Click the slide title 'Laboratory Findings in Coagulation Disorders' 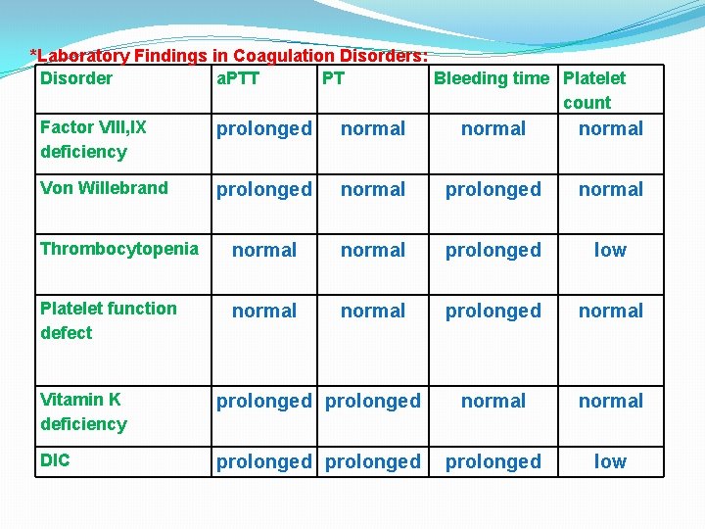(x=231, y=56)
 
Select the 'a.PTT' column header (x=237, y=78)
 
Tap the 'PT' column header (x=333, y=78)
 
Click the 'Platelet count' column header (x=593, y=90)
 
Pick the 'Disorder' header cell (x=76, y=78)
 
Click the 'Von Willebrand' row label (x=104, y=188)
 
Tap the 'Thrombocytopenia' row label (x=118, y=249)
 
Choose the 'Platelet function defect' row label (x=108, y=320)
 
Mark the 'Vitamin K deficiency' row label (x=83, y=411)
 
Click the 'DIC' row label (x=56, y=460)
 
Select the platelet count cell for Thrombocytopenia (x=610, y=250)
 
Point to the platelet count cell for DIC (x=610, y=461)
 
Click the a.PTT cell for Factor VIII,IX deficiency (x=264, y=128)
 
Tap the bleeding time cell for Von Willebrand (x=493, y=189)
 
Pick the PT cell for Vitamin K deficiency (x=373, y=401)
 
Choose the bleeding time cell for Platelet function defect (x=493, y=311)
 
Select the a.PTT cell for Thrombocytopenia (x=264, y=250)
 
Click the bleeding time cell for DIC (x=493, y=461)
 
